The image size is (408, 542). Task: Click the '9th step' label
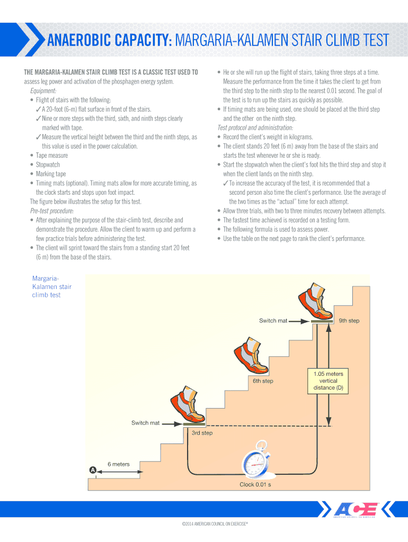(x=349, y=321)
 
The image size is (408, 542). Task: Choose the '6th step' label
(x=263, y=381)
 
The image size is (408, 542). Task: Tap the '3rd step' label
(x=202, y=433)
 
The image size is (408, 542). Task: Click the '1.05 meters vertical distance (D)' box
(x=329, y=381)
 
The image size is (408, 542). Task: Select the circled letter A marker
(x=93, y=469)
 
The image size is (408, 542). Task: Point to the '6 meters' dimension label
(x=119, y=464)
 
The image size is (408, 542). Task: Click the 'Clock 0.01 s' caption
(x=255, y=484)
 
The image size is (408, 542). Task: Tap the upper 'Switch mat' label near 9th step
(x=273, y=321)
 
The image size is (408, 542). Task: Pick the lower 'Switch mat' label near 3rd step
(x=145, y=423)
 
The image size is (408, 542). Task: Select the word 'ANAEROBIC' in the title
(x=82, y=40)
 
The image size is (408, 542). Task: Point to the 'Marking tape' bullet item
(x=51, y=174)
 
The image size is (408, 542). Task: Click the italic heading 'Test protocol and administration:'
(x=255, y=128)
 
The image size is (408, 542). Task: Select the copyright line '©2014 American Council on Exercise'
(x=215, y=523)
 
